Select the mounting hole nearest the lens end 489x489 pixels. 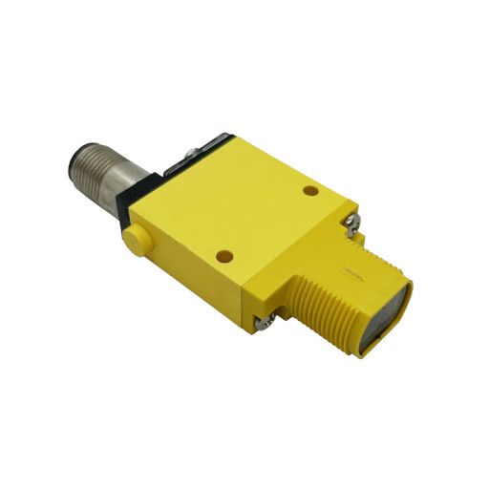[x=310, y=191]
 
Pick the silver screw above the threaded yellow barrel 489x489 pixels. [x=351, y=224]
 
